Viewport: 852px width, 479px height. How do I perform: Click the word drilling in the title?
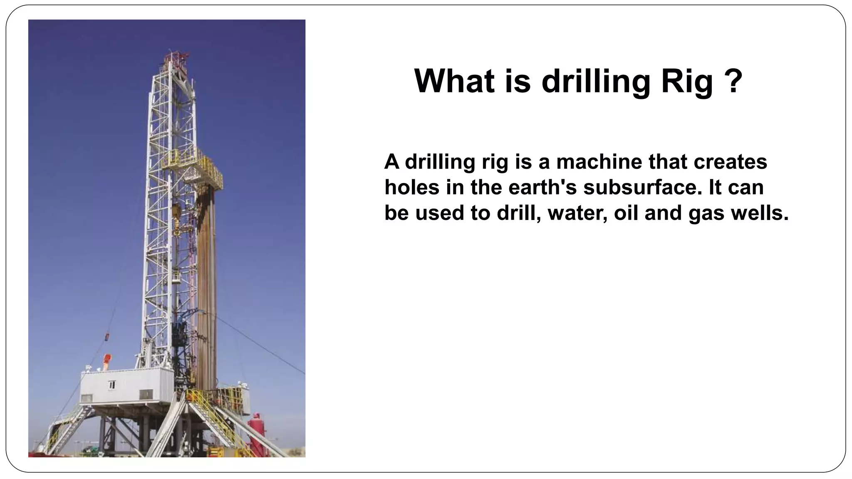tap(595, 81)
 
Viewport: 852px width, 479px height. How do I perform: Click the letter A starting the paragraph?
tap(391, 162)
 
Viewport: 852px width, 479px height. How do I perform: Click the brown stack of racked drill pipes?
tap(206, 287)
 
